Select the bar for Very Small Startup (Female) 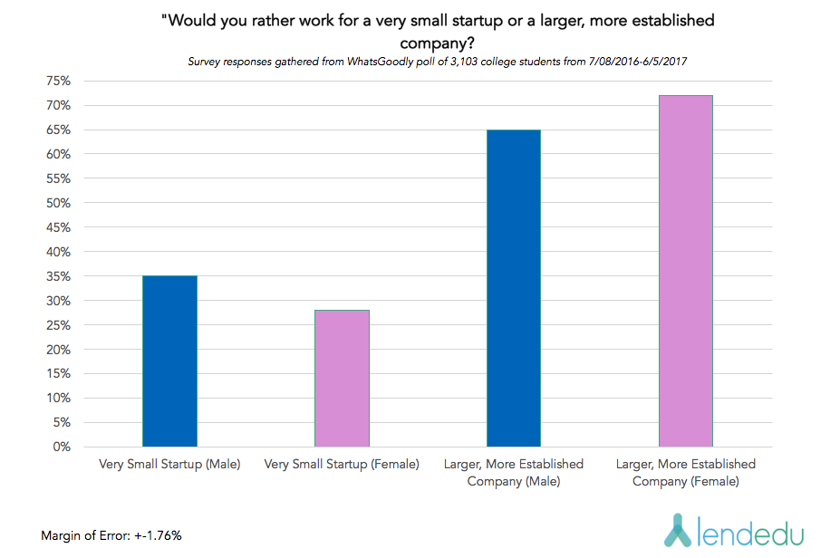point(342,378)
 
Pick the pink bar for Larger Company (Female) point(686,271)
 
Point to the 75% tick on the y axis point(58,82)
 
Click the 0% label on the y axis point(62,447)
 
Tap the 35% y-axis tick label point(58,276)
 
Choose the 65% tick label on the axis point(58,130)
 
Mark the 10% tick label point(58,398)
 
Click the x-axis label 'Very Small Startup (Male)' point(169,465)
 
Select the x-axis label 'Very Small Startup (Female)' point(342,465)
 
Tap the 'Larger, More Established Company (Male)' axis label point(514,473)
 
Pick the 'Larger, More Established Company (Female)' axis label point(686,473)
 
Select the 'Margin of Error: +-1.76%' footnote point(111,535)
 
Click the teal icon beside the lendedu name point(678,530)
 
